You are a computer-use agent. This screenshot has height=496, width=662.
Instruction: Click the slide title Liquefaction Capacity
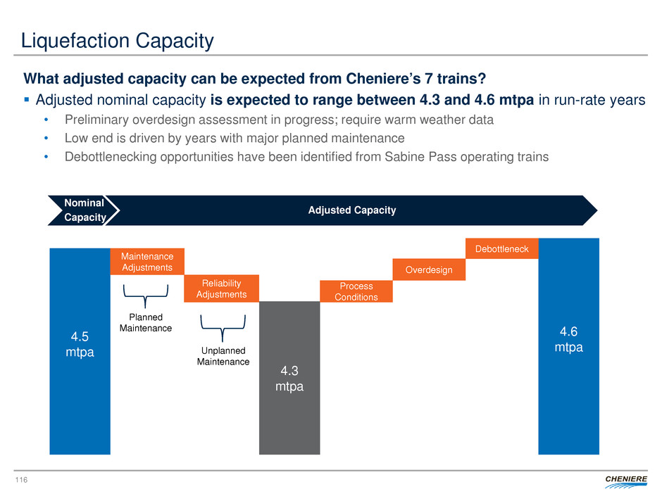tap(118, 42)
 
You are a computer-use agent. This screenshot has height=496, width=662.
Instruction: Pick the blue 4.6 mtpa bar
tap(568, 345)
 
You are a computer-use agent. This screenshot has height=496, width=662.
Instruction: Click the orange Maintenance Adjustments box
tap(146, 262)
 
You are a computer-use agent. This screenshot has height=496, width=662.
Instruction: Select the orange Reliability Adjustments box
tap(221, 288)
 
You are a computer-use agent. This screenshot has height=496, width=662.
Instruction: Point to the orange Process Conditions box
tap(356, 291)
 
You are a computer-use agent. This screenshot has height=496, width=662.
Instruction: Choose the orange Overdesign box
tap(428, 269)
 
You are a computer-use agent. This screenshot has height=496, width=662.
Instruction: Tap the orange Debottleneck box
tap(502, 249)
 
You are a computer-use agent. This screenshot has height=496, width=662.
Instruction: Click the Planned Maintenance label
tap(146, 322)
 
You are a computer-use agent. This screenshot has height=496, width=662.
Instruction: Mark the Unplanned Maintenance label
tap(223, 355)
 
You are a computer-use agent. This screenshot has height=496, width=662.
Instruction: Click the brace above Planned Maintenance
tap(146, 295)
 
